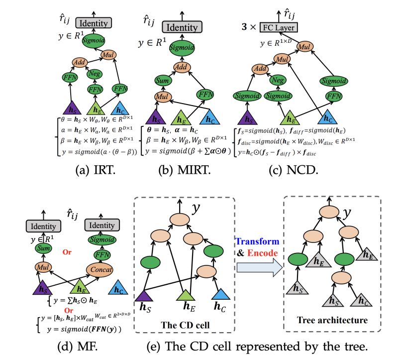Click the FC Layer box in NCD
[x=279, y=27]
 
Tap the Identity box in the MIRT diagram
[x=182, y=27]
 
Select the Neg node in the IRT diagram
[x=95, y=74]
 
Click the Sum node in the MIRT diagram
[x=163, y=81]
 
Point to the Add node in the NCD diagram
[x=260, y=69]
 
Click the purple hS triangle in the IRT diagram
[x=72, y=108]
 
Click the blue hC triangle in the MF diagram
[x=118, y=288]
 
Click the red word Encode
[x=263, y=253]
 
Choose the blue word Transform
[x=258, y=241]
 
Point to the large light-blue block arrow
[x=259, y=267]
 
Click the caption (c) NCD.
[x=294, y=170]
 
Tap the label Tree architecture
[x=332, y=320]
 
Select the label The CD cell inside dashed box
[x=185, y=325]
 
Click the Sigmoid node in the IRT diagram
[x=94, y=40]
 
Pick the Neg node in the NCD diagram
[x=278, y=80]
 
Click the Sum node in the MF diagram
[x=43, y=248]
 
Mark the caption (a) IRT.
[x=96, y=170]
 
